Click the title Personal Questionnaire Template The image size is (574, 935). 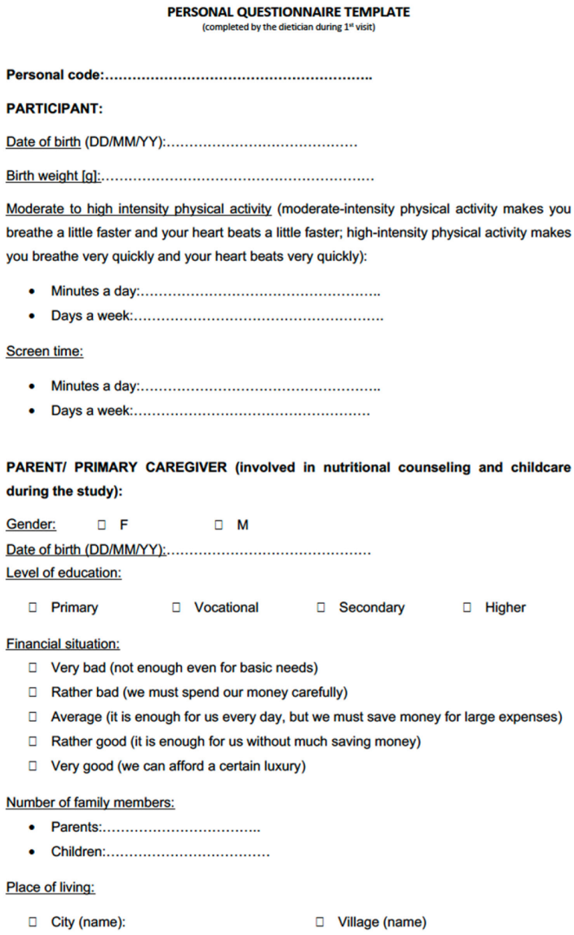(288, 12)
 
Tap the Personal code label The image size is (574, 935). (54, 75)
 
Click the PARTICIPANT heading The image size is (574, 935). (54, 109)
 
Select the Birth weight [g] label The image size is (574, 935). (52, 177)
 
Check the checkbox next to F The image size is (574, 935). (101, 525)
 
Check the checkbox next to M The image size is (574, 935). (219, 525)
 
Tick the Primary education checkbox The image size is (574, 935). (32, 608)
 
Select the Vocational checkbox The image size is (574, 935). (176, 608)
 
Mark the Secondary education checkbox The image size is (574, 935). (321, 608)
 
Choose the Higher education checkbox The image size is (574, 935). (467, 608)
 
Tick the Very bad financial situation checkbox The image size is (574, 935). (32, 668)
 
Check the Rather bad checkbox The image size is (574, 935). (32, 692)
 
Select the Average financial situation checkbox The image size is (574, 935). (32, 717)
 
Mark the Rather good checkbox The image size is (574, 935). (32, 742)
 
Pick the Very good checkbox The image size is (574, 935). (32, 766)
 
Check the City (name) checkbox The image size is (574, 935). (32, 923)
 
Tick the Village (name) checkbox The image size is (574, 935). (320, 923)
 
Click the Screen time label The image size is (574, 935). (44, 352)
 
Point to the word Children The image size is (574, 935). (76, 852)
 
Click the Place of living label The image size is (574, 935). (50, 887)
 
